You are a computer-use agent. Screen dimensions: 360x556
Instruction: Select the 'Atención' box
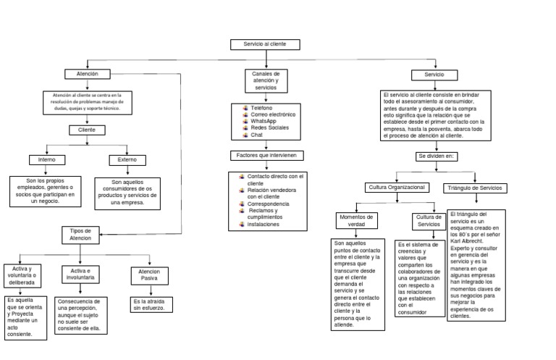[87, 74]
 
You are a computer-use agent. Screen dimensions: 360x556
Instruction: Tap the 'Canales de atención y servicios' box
[265, 80]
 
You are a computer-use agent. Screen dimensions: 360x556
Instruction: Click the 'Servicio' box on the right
[434, 75]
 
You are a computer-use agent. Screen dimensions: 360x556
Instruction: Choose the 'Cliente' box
[87, 130]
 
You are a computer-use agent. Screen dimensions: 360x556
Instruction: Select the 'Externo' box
[127, 159]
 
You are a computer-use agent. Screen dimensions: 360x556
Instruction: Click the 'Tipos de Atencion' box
[80, 234]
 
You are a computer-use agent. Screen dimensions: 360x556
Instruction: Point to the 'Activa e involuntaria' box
[80, 274]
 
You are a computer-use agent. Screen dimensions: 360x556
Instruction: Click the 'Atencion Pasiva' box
[150, 275]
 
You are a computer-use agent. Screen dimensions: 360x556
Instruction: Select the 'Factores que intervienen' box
[266, 156]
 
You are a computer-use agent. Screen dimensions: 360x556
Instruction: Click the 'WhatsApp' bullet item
[264, 121]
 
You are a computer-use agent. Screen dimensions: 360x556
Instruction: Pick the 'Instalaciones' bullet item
[263, 225]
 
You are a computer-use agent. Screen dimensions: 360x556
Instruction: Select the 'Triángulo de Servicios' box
[475, 188]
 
